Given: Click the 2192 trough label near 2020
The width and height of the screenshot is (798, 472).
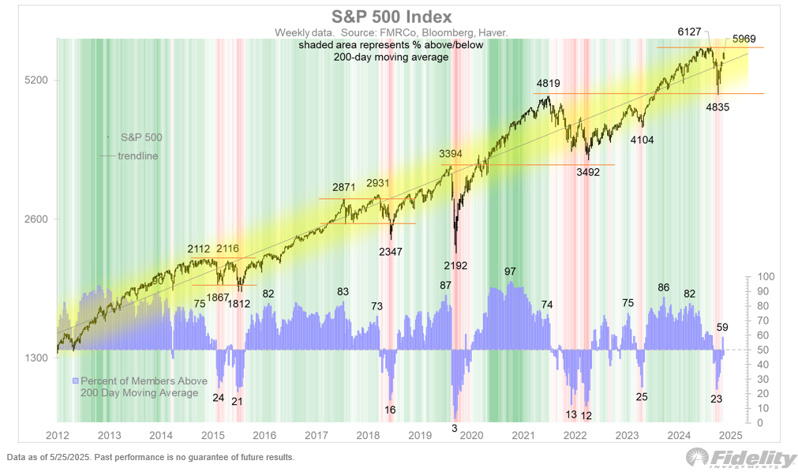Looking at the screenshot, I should pyautogui.click(x=455, y=265).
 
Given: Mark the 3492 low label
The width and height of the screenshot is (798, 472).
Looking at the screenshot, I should pyautogui.click(x=588, y=171).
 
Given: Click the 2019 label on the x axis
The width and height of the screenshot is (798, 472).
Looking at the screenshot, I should pyautogui.click(x=419, y=435).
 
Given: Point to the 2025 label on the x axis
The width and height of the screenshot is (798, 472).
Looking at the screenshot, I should pyautogui.click(x=730, y=435).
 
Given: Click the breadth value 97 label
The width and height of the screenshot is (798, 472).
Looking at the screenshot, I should pyautogui.click(x=510, y=272).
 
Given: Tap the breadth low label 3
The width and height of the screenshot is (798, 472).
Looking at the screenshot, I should pyautogui.click(x=454, y=427).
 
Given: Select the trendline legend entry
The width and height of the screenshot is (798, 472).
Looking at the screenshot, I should pyautogui.click(x=137, y=155).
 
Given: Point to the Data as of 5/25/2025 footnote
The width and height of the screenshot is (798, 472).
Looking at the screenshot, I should pyautogui.click(x=150, y=457).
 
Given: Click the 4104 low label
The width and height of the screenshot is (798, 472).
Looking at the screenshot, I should pyautogui.click(x=642, y=139).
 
